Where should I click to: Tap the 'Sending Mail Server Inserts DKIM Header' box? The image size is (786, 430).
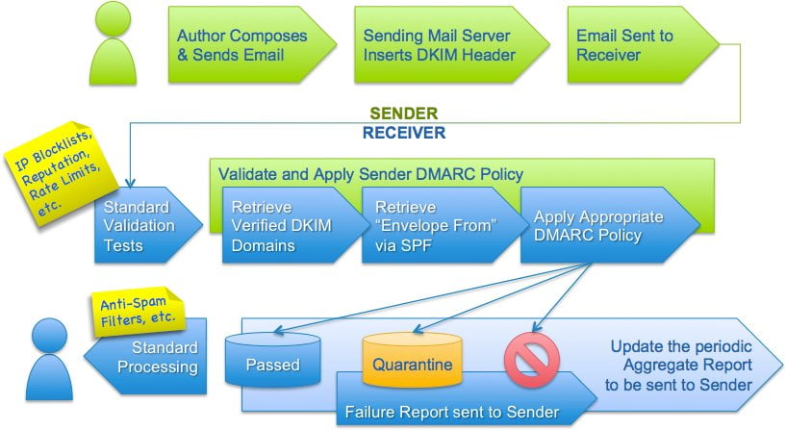[443, 45]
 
